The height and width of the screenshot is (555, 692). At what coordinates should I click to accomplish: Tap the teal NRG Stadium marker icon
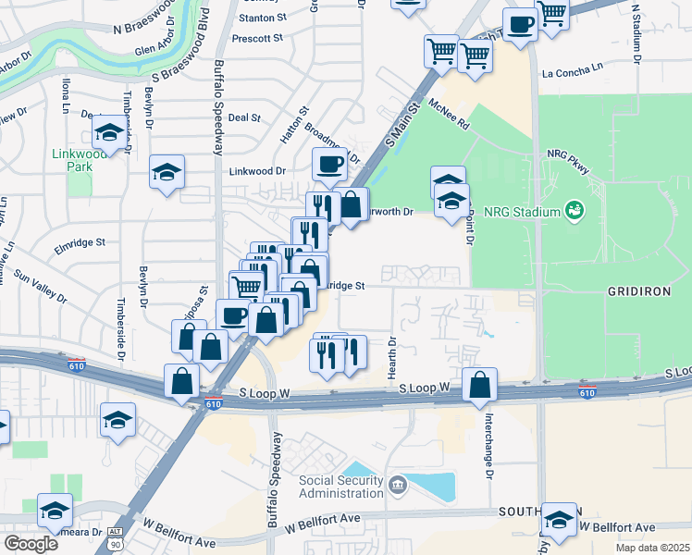pos(574,211)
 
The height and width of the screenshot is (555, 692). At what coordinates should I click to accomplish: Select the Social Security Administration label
pos(340,487)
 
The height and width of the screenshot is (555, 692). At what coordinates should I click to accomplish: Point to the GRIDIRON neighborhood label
pos(637,290)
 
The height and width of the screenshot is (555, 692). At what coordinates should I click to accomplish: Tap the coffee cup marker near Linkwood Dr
pos(329,165)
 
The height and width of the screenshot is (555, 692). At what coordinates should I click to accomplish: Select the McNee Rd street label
pos(449,114)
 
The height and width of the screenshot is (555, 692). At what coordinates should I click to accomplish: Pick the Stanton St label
pos(260,18)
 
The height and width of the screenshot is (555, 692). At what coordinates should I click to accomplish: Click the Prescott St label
pos(257,39)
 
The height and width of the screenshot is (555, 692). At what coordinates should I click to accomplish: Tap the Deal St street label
pos(244,117)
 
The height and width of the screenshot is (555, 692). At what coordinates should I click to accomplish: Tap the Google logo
pos(30,544)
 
